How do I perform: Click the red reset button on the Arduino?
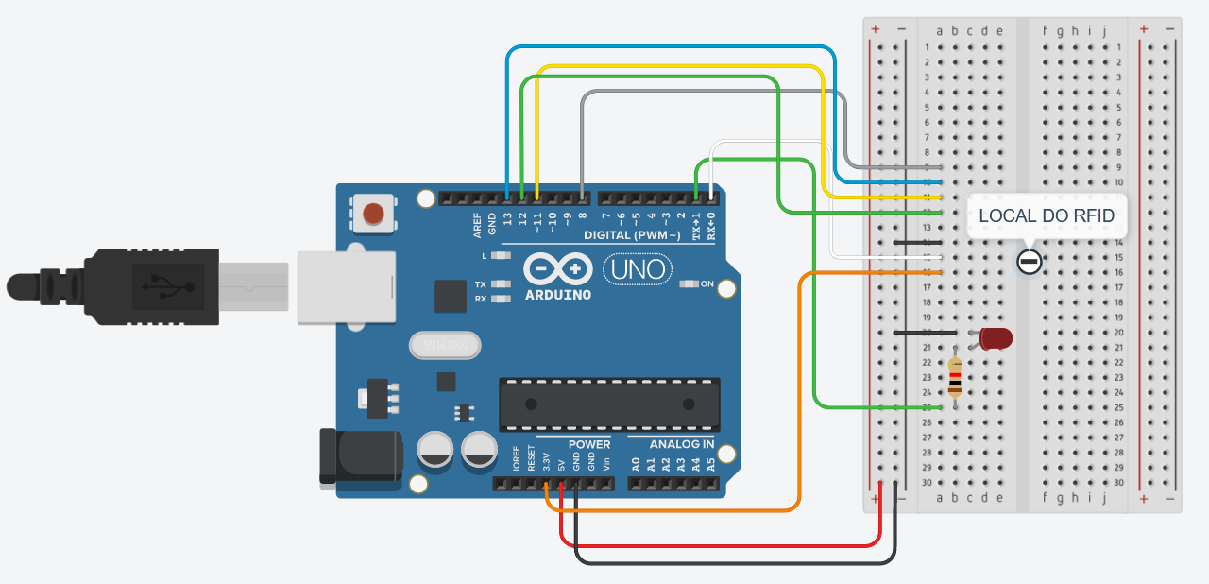[374, 214]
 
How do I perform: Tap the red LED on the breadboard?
[996, 337]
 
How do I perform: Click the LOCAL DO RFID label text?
[1047, 216]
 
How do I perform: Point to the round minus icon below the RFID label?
[1029, 263]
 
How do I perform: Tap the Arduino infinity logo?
[556, 269]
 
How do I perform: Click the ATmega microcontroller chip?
[609, 404]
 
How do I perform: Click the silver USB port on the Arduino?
[346, 287]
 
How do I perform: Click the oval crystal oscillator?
[445, 346]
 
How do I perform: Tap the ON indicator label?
[707, 283]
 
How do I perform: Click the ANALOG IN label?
[683, 444]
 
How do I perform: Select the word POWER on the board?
[589, 444]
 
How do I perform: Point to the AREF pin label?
[478, 224]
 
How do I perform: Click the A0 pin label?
[637, 464]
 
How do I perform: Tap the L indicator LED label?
[485, 256]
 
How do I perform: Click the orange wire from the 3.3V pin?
[800, 397]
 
